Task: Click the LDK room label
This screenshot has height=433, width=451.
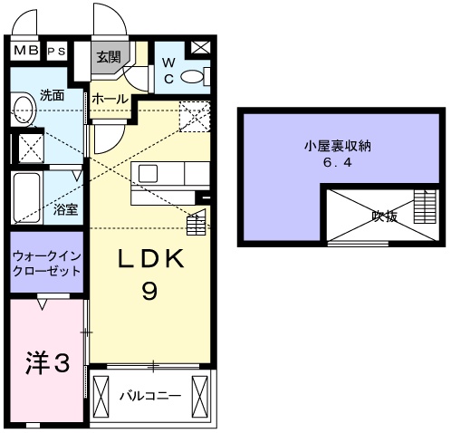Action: point(150,260)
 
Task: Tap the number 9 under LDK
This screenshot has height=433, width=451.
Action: point(150,292)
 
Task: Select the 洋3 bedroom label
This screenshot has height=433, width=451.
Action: point(46,364)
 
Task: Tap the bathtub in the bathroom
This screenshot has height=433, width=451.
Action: point(26,196)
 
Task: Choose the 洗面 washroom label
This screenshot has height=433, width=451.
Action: point(52,95)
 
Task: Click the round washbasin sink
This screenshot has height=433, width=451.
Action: point(24,111)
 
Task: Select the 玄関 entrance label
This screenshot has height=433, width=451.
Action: point(110,56)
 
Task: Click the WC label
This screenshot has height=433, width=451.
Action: point(168,71)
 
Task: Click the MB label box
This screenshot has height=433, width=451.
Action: point(26,51)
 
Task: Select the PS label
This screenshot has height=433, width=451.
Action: point(56,51)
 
